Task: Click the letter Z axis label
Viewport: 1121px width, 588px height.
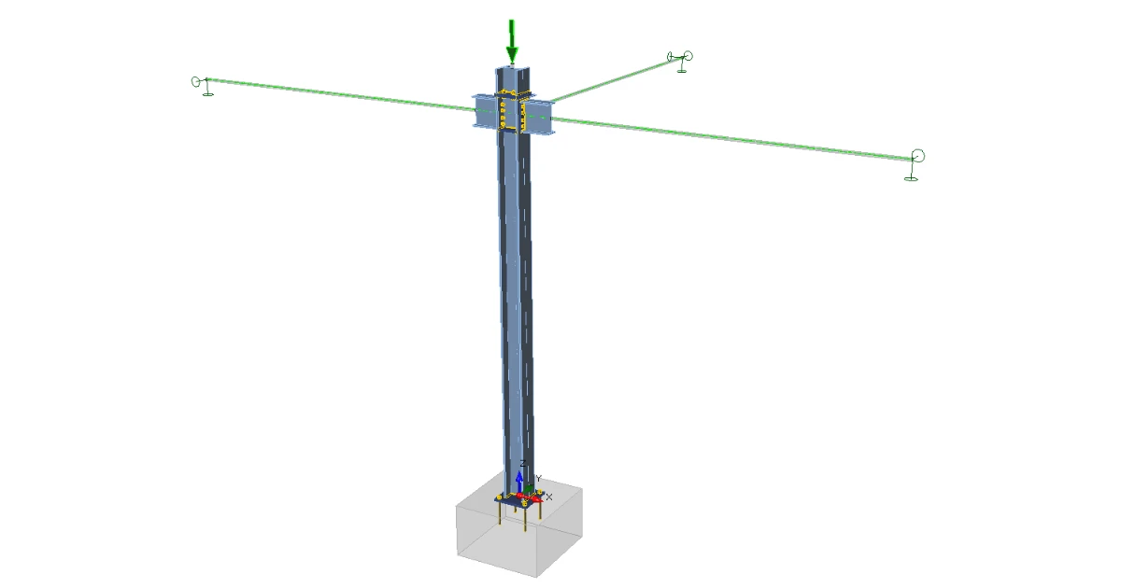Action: click(x=522, y=464)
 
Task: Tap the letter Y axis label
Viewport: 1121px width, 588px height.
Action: click(x=538, y=479)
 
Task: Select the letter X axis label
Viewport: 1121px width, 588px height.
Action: click(x=549, y=497)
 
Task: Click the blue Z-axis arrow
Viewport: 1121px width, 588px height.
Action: click(x=519, y=482)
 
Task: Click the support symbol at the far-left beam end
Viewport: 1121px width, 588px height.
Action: click(x=202, y=86)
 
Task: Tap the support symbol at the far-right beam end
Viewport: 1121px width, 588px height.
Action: click(x=915, y=165)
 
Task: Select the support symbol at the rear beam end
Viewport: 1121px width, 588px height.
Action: click(x=681, y=61)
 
